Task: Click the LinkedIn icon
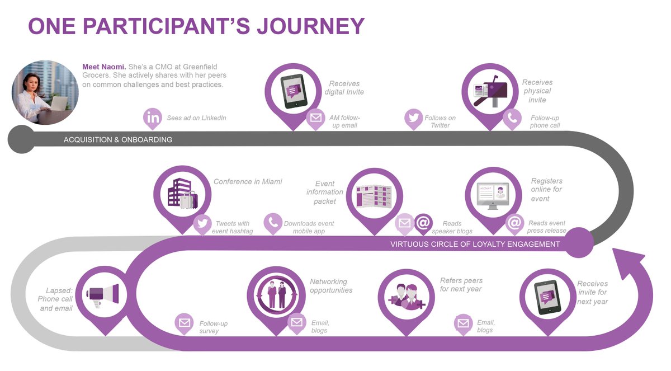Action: (153, 118)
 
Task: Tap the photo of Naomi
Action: (45, 92)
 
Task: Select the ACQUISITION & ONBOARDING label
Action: (118, 139)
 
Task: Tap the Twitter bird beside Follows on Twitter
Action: (414, 118)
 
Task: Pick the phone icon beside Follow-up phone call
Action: (512, 118)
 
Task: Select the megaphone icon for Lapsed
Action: (104, 294)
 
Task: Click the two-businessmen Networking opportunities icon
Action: (277, 295)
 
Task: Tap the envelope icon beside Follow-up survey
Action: (183, 322)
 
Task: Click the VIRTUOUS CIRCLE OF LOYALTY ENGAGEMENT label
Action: (475, 244)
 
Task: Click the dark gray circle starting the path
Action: (21, 139)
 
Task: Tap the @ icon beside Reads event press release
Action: (514, 223)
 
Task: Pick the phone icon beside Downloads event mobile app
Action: (273, 223)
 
